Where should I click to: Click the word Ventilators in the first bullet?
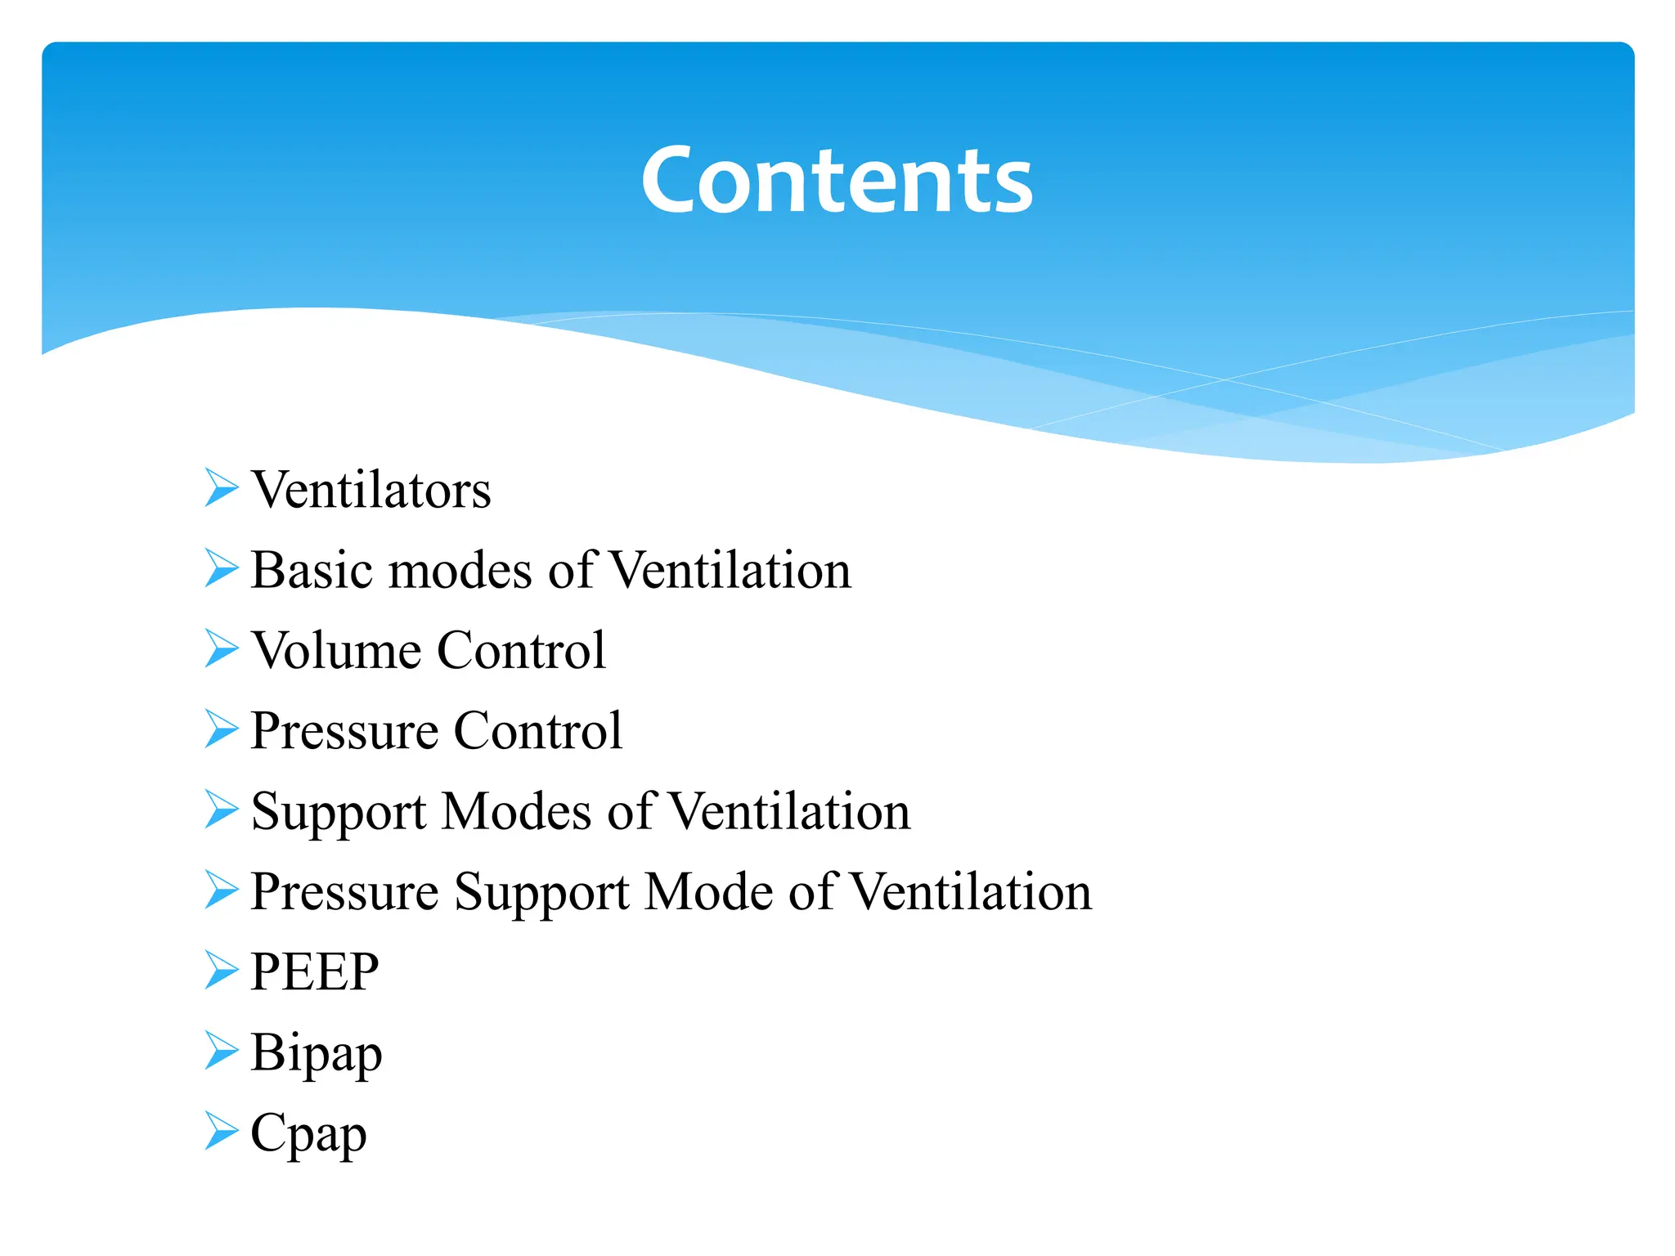(x=370, y=490)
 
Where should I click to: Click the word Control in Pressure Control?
(x=537, y=730)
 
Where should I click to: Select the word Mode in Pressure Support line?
(x=707, y=891)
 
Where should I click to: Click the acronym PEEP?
(x=315, y=972)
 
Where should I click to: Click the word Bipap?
(x=317, y=1053)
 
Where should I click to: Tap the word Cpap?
(x=308, y=1134)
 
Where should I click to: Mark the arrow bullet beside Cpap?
(x=221, y=1130)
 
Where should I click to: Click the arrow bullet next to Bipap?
(x=221, y=1050)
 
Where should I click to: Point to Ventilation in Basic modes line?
(x=730, y=570)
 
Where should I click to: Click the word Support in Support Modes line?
(x=339, y=813)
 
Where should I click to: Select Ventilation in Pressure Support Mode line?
(x=971, y=891)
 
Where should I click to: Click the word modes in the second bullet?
(x=460, y=570)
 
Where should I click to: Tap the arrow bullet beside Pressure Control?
(x=221, y=728)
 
